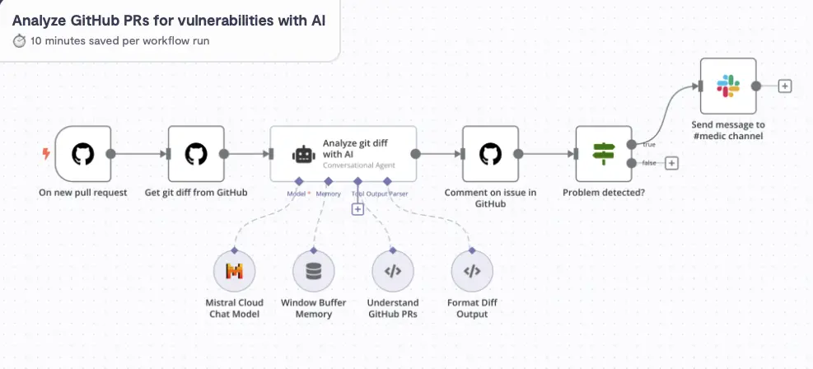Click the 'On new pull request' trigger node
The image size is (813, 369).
tap(82, 154)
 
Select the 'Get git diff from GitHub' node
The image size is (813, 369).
tap(196, 154)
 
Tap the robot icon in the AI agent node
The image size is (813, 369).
tap(303, 155)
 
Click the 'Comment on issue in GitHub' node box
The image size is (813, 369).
tap(490, 154)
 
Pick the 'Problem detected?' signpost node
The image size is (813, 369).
tap(603, 154)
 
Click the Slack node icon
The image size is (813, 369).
tap(728, 86)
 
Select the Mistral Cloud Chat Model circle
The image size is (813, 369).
tap(234, 271)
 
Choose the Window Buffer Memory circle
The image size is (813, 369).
tap(314, 271)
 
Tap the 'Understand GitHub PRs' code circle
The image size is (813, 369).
tap(393, 271)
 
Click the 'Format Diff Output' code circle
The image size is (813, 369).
tap(472, 271)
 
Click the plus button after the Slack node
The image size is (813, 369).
tap(785, 86)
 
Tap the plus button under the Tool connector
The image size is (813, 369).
tap(357, 209)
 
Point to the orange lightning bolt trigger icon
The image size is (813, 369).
tap(46, 154)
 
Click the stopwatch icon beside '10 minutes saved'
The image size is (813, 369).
tap(20, 40)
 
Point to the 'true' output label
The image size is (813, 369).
tap(649, 145)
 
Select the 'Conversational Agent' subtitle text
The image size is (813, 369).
tap(358, 165)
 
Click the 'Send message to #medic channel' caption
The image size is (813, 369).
tap(728, 130)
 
